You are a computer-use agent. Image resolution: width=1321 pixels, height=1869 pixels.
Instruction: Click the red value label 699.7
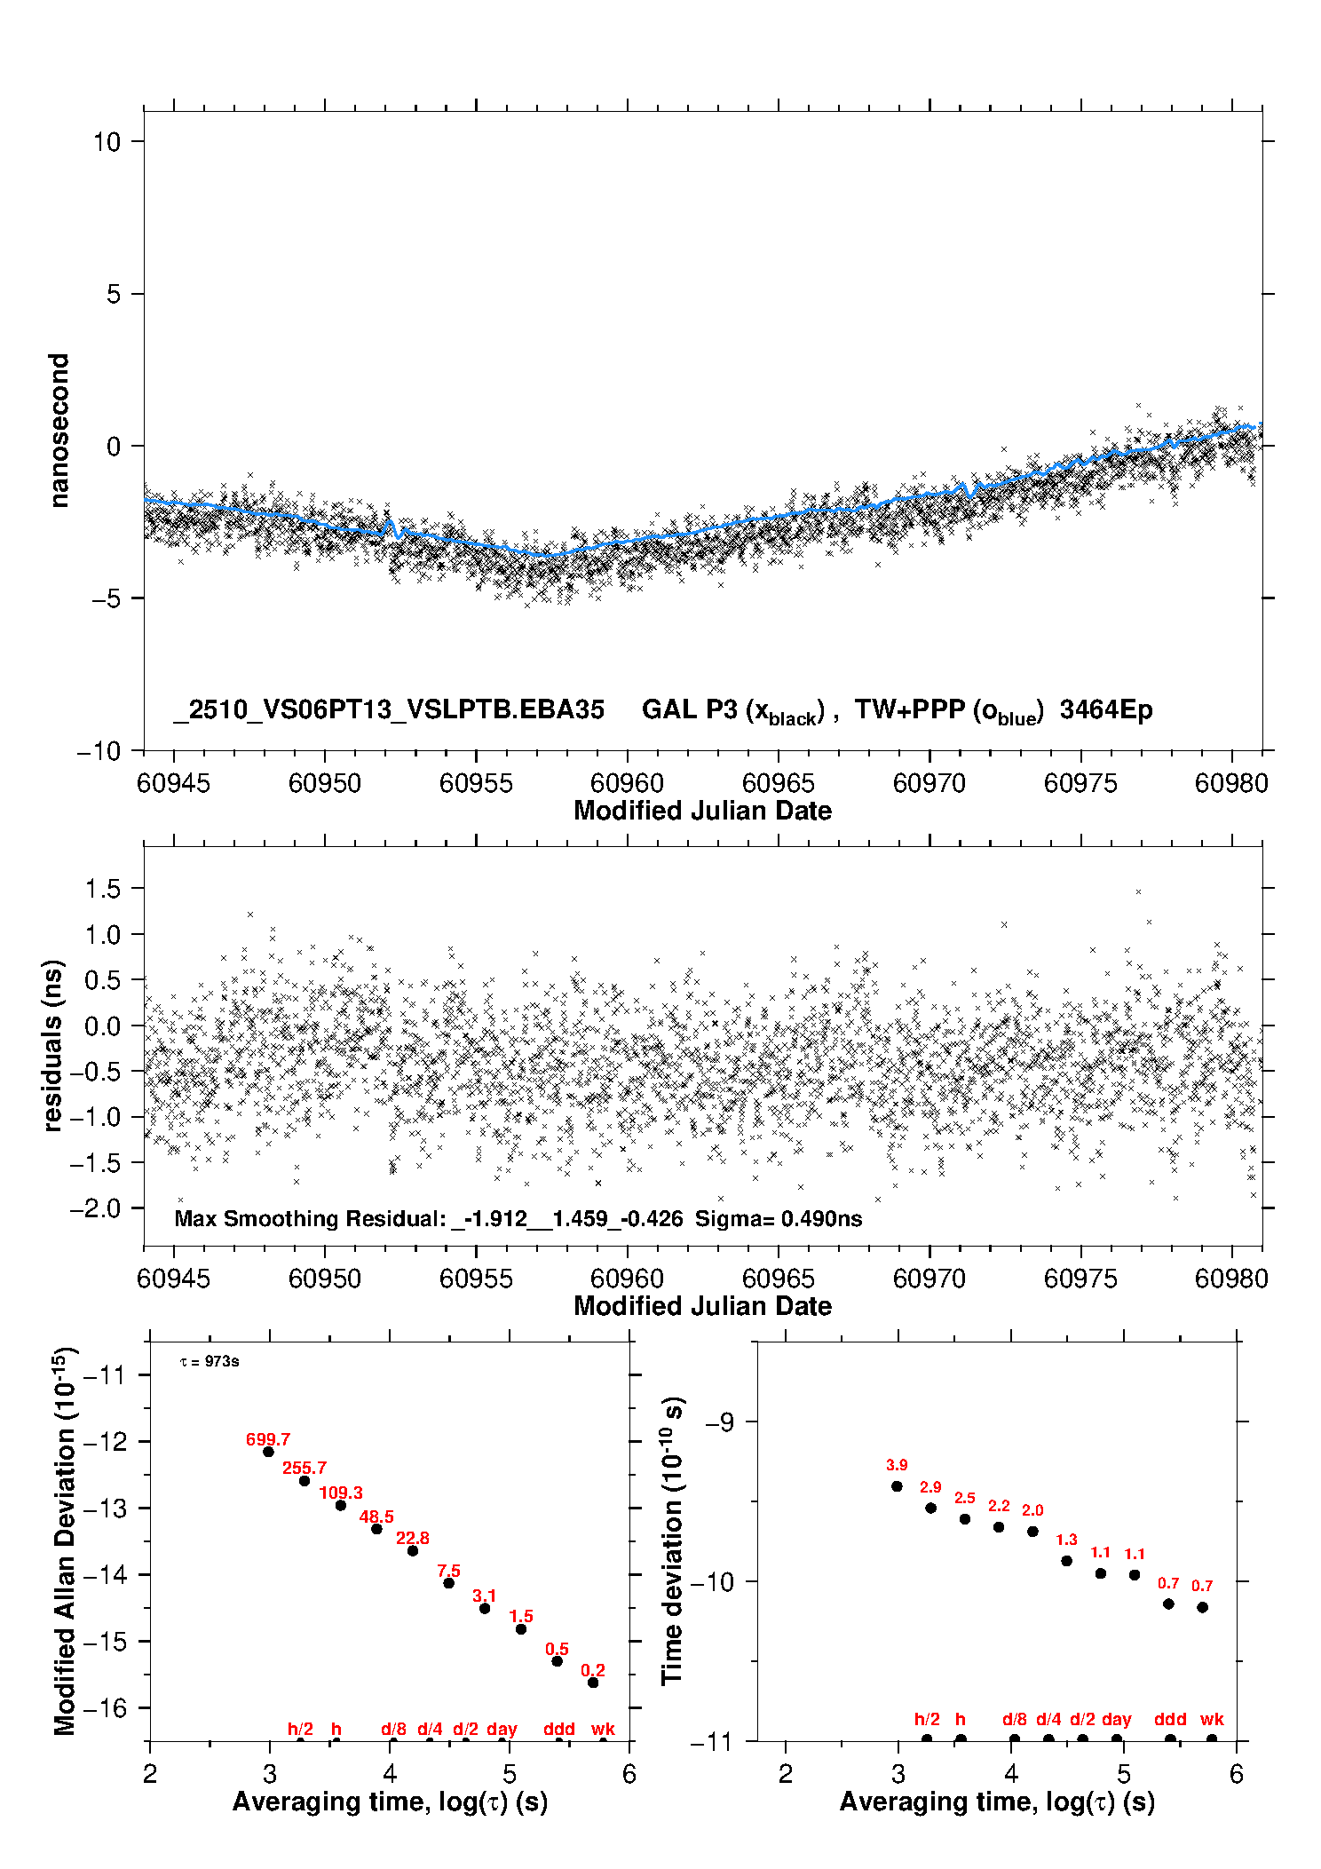pyautogui.click(x=268, y=1439)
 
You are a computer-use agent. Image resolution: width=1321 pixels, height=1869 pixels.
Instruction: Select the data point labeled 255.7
pyautogui.click(x=305, y=1480)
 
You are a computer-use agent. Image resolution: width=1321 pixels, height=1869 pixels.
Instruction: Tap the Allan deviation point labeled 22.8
pyautogui.click(x=413, y=1550)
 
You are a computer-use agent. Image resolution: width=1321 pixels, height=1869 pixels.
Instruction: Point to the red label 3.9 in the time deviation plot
pyautogui.click(x=897, y=1465)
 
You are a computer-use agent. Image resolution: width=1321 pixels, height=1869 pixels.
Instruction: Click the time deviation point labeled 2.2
pyautogui.click(x=999, y=1527)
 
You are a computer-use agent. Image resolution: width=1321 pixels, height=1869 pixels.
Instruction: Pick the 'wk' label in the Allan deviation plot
pyautogui.click(x=603, y=1729)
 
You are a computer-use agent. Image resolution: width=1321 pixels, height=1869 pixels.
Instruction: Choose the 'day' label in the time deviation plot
pyautogui.click(x=1116, y=1719)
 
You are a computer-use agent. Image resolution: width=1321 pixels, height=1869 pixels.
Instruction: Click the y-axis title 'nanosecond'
pyautogui.click(x=59, y=431)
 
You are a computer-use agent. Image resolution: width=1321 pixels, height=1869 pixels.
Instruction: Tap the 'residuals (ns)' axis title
pyautogui.click(x=53, y=1045)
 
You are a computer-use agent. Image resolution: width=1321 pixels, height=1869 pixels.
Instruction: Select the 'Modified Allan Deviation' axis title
pyautogui.click(x=65, y=1541)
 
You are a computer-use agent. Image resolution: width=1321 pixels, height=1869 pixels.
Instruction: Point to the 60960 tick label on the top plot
pyautogui.click(x=627, y=783)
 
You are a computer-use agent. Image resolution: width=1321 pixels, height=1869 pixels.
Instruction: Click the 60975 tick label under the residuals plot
pyautogui.click(x=1080, y=1279)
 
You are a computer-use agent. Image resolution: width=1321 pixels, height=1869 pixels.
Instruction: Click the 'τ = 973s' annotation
pyautogui.click(x=210, y=1362)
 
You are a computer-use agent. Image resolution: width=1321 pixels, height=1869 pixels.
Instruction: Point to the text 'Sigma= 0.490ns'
pyautogui.click(x=779, y=1219)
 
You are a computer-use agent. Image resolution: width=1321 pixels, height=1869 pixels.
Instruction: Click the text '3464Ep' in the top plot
pyautogui.click(x=1106, y=710)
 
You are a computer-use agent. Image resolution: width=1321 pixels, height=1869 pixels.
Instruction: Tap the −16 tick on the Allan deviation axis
pyautogui.click(x=105, y=1707)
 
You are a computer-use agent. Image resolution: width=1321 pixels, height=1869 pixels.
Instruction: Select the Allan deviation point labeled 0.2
pyautogui.click(x=593, y=1683)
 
